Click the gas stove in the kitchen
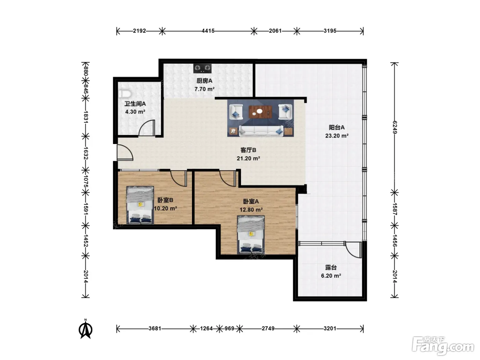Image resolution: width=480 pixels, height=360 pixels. (202, 68)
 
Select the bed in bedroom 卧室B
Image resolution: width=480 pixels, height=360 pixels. (140, 205)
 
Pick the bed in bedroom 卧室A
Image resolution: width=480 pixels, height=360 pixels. (251, 235)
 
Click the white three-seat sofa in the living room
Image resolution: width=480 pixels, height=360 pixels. (261, 131)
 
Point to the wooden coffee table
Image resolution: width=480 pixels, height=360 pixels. (260, 112)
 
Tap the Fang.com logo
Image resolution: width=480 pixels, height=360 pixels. (443, 346)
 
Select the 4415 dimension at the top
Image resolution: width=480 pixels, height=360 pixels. (208, 31)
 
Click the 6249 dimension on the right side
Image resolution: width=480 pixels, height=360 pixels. (395, 128)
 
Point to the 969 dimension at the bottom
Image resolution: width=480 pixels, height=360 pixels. (229, 328)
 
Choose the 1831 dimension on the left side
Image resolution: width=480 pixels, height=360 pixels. (86, 117)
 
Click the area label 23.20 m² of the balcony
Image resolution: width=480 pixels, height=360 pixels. (337, 136)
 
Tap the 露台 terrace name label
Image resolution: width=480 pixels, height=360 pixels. (331, 267)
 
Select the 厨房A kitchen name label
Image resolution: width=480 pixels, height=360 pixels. (204, 81)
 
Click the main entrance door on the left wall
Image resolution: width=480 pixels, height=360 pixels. (125, 153)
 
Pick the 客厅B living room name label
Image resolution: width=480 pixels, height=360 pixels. (248, 150)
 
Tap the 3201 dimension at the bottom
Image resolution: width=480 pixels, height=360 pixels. (330, 328)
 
